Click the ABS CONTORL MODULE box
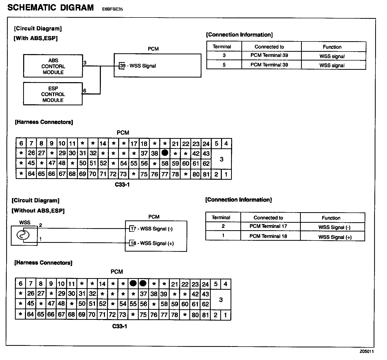click(x=53, y=66)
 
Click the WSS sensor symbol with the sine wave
click(x=23, y=235)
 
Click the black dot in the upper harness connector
click(x=165, y=153)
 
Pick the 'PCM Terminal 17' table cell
click(x=268, y=226)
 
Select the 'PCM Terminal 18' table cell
click(x=268, y=236)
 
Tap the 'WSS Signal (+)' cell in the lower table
click(x=335, y=237)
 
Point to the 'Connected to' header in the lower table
click(x=268, y=218)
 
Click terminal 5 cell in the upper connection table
click(x=224, y=65)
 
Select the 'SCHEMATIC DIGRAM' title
click(x=51, y=7)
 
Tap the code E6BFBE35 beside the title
click(x=112, y=9)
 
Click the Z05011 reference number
click(x=366, y=352)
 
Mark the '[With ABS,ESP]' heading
click(x=36, y=38)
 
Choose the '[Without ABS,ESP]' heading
click(x=38, y=211)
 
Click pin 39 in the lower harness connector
click(x=164, y=294)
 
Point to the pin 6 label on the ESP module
click(x=85, y=91)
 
